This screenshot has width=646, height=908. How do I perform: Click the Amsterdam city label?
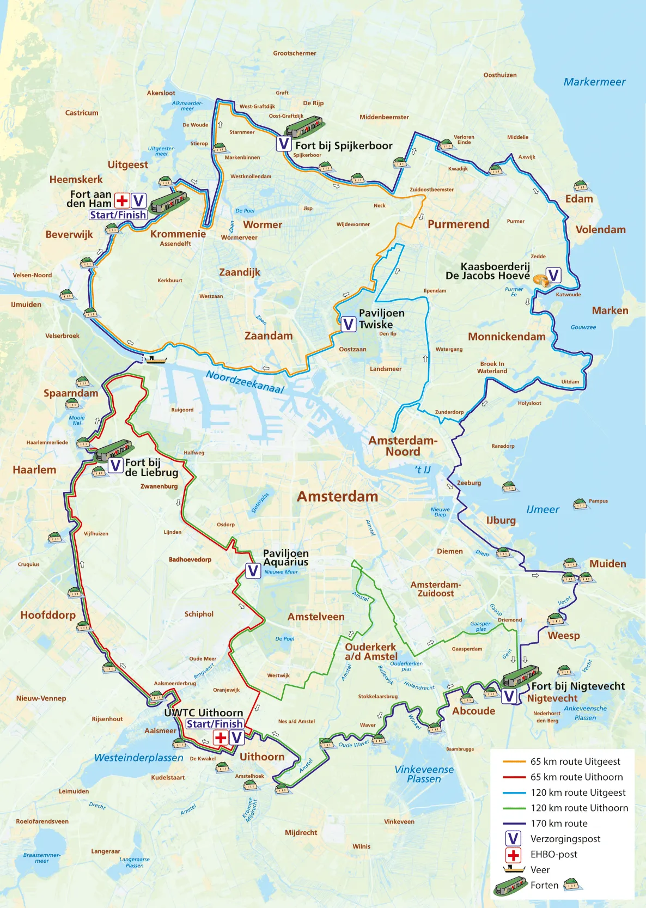pos(337,496)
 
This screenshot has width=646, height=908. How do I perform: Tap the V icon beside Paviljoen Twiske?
pos(348,324)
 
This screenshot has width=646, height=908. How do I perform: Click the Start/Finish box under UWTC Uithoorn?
pos(215,723)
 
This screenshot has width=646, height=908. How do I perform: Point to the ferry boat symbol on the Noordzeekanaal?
pos(156,359)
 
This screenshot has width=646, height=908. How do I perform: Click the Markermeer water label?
pos(594,82)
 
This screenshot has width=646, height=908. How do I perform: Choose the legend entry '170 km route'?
pos(559,823)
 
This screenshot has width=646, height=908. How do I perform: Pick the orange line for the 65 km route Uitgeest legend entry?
pos(513,761)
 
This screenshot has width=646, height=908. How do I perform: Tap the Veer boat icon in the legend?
pos(513,869)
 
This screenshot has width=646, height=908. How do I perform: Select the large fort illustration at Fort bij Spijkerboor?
pos(304,126)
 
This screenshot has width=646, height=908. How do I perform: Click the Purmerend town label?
pos(458,224)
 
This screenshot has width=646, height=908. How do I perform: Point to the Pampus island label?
pos(598,501)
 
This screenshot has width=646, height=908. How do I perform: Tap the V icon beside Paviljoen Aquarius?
pos(253,570)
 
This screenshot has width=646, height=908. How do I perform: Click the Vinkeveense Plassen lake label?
pos(424,773)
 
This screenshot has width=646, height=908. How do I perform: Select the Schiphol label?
pos(199,614)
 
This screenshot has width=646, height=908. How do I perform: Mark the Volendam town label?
pos(600,229)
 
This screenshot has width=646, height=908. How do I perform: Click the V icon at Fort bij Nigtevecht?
pos(509,696)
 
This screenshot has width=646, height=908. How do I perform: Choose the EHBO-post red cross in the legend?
pos(513,855)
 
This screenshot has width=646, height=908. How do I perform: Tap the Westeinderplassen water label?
pos(138,757)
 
